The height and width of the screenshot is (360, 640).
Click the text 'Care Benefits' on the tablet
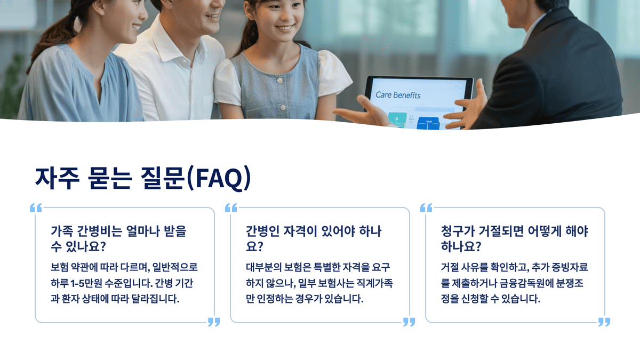click(398, 95)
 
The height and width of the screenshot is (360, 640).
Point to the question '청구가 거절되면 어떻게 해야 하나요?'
click(515, 239)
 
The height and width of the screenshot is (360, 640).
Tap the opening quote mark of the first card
click(36, 208)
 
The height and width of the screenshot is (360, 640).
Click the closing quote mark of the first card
click(213, 322)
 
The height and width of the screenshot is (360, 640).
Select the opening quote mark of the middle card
click(231, 208)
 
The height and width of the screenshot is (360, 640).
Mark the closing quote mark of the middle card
click(409, 322)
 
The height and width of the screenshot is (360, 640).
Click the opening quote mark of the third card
click(426, 208)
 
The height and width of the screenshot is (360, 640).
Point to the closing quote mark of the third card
click(604, 322)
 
